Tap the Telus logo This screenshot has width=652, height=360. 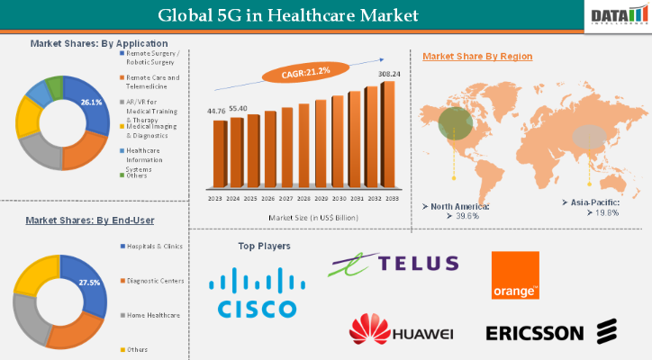394,264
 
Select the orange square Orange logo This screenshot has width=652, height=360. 515,274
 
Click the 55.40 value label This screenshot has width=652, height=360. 238,108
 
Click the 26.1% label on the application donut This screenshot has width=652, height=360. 90,103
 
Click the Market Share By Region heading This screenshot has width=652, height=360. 477,57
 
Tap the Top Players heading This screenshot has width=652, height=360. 264,245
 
